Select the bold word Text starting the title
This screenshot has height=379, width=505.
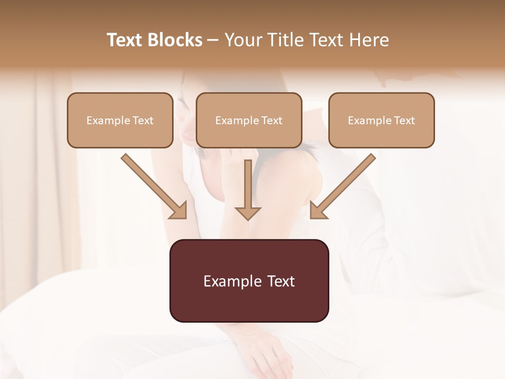click(x=125, y=40)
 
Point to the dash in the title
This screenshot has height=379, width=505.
click(x=213, y=40)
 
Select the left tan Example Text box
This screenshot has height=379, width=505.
click(x=120, y=120)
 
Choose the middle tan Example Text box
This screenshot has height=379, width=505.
click(x=249, y=120)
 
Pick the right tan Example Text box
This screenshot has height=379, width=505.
click(x=381, y=120)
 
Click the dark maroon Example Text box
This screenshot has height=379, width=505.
click(x=249, y=281)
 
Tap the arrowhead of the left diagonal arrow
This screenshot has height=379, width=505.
click(x=179, y=211)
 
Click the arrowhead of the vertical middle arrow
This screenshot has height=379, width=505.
click(x=248, y=213)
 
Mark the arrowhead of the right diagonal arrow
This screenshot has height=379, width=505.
click(x=318, y=211)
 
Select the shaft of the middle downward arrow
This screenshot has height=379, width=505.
click(x=248, y=182)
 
